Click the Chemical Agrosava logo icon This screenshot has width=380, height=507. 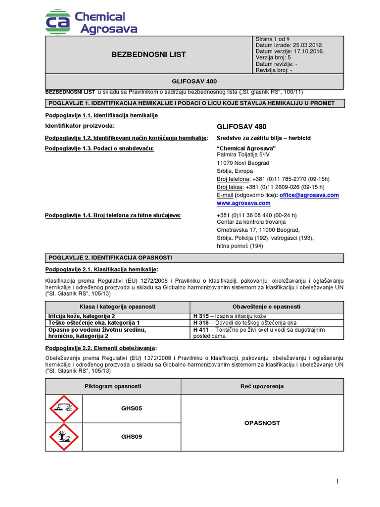(x=58, y=22)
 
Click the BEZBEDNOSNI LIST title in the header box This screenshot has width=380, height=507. (x=149, y=54)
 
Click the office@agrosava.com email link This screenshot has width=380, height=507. (x=309, y=195)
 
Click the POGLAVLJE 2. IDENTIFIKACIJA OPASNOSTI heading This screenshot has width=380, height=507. (x=110, y=258)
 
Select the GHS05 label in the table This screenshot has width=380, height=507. (x=132, y=408)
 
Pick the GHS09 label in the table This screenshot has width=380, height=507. (x=132, y=437)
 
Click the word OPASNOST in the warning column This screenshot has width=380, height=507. (x=262, y=423)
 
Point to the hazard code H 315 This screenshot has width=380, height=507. (x=200, y=316)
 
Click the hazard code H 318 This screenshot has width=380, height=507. (x=200, y=322)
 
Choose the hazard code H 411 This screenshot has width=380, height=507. (x=200, y=329)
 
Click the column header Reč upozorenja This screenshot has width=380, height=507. (x=262, y=386)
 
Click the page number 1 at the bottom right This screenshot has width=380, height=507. (x=337, y=481)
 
